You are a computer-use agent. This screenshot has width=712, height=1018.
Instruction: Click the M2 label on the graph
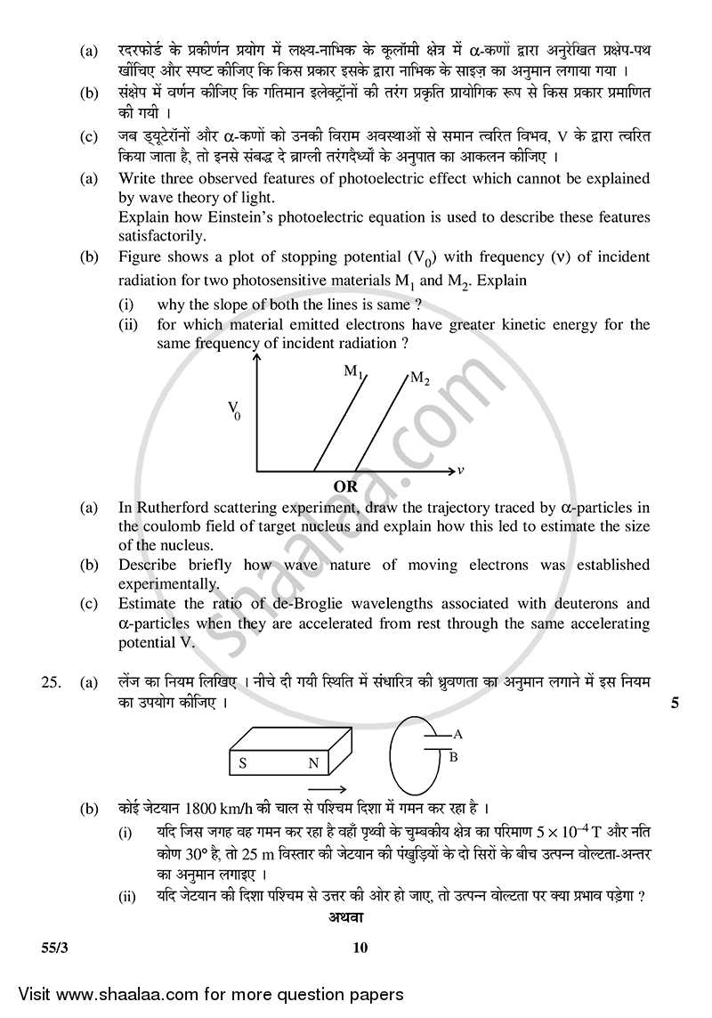pos(419,379)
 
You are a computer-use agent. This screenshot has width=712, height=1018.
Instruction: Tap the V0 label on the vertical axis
pos(234,411)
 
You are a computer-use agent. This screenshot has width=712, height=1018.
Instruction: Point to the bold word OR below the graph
pos(345,487)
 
